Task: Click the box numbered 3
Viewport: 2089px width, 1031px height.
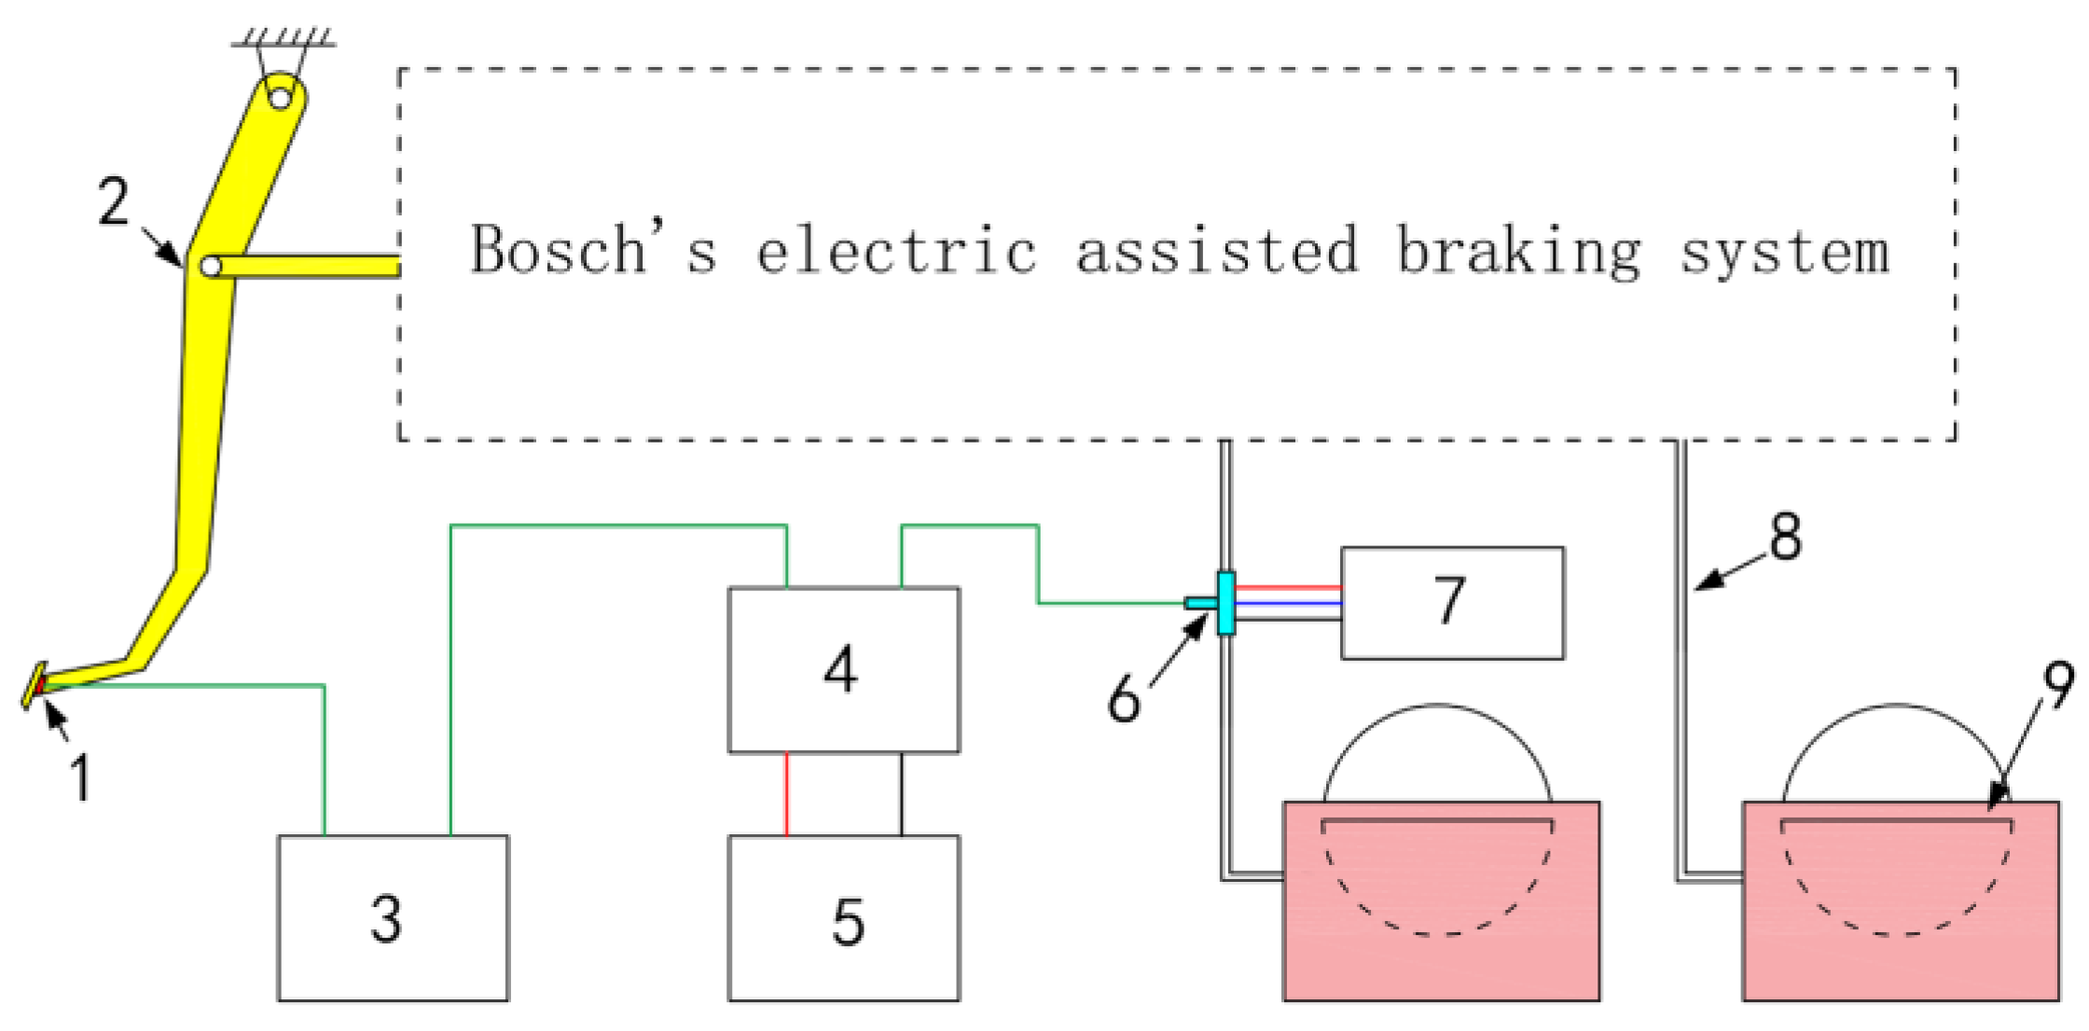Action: point(393,918)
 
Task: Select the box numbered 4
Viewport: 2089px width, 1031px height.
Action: point(843,669)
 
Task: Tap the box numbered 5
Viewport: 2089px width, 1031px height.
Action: point(843,918)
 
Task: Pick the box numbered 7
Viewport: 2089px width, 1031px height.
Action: point(1452,603)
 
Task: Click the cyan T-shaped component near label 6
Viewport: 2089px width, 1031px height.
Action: point(1225,603)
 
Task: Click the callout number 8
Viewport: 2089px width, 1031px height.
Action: point(1785,538)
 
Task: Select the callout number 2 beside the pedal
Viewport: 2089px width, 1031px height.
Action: point(113,201)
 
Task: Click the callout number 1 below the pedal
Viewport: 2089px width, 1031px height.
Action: point(81,778)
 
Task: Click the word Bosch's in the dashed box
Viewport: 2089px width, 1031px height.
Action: point(593,250)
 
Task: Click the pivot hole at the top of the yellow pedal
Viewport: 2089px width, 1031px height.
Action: point(280,96)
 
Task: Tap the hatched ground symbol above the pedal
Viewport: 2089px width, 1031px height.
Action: point(285,37)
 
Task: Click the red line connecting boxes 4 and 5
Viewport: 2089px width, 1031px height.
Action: point(786,794)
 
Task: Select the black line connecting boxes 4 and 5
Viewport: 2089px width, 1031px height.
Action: point(901,794)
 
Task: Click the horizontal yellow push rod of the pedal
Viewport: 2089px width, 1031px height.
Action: point(308,267)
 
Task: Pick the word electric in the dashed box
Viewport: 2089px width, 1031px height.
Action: point(896,250)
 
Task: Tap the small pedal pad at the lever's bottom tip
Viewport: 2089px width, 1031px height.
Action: point(35,686)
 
